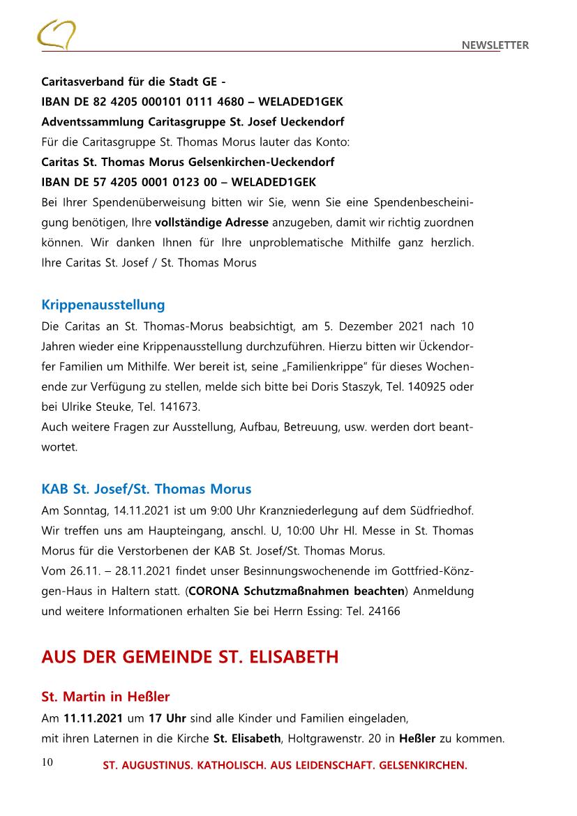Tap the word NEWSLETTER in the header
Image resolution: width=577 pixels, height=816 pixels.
tap(495, 45)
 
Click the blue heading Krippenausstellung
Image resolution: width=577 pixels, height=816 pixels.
tap(103, 305)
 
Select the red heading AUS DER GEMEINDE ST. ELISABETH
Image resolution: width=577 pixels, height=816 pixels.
tap(190, 657)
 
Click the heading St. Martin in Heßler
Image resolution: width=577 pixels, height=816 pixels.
tap(105, 697)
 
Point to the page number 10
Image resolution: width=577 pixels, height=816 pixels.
tap(47, 762)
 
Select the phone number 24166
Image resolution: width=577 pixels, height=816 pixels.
tap(384, 611)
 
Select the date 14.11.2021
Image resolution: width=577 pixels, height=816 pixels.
tap(127, 511)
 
